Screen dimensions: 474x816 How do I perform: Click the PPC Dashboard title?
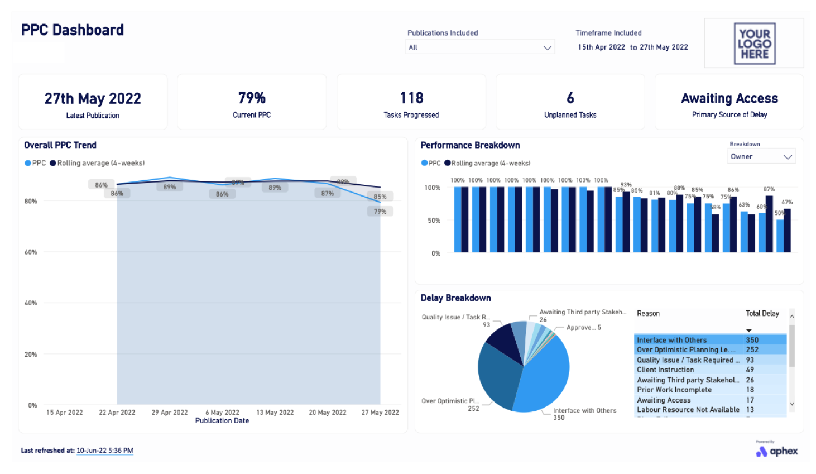click(72, 30)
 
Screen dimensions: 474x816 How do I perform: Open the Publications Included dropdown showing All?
click(479, 47)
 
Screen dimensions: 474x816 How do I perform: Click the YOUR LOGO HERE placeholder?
click(754, 44)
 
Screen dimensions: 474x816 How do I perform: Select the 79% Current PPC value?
click(252, 98)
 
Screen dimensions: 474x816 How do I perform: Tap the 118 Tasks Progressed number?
click(411, 98)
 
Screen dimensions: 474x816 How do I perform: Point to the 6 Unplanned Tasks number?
click(570, 98)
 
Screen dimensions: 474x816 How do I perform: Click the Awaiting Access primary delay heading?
click(729, 99)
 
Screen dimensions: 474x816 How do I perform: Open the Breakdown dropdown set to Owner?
click(761, 157)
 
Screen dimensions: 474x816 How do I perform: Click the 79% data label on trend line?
click(380, 212)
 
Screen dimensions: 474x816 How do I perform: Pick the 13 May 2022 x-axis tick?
click(275, 413)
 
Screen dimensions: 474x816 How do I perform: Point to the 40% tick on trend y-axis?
click(31, 303)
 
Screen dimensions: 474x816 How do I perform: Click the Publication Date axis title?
click(222, 421)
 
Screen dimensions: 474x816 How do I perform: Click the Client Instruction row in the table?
click(665, 370)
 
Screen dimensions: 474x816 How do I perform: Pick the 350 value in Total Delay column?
click(752, 340)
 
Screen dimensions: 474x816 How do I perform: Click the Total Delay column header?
click(762, 314)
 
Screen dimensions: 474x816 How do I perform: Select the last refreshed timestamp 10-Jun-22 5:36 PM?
click(105, 451)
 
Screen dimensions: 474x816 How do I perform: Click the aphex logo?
click(777, 451)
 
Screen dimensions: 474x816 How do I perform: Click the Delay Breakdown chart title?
click(455, 298)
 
